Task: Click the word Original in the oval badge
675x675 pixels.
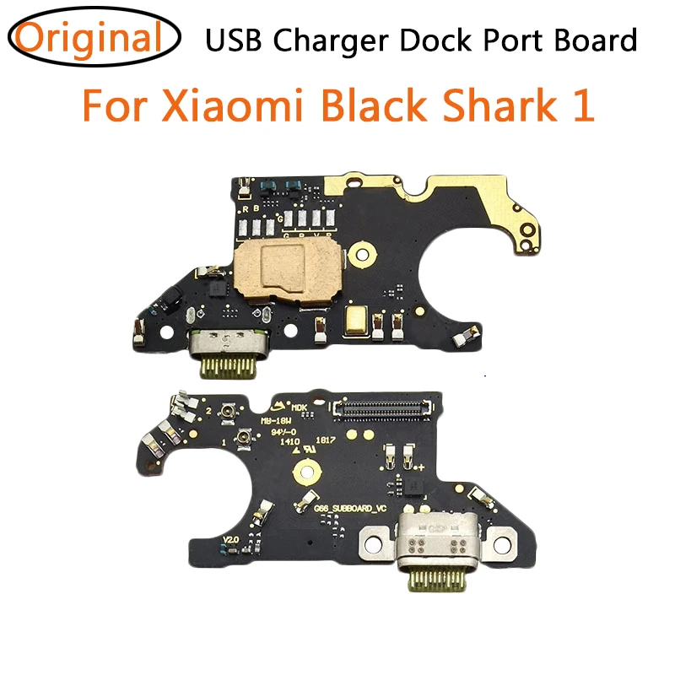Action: (89, 39)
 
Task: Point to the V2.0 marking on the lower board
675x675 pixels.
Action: (231, 538)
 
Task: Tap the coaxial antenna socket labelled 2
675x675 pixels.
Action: (227, 413)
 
